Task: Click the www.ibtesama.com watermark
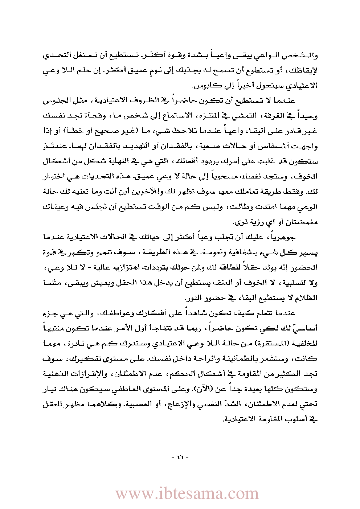187,493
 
